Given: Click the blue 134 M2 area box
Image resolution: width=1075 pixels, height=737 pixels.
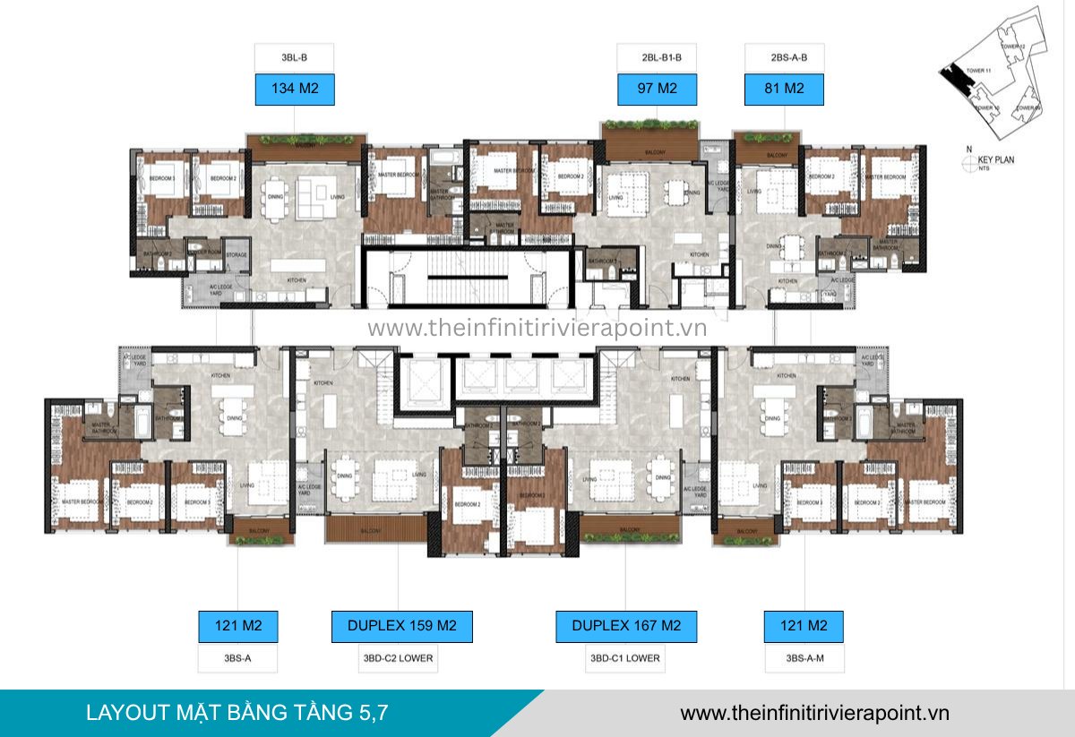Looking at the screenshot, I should click(x=295, y=90).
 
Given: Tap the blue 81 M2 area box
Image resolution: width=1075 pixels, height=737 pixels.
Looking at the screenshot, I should click(x=785, y=90).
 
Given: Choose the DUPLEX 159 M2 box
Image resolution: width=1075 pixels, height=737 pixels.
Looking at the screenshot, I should click(x=402, y=626).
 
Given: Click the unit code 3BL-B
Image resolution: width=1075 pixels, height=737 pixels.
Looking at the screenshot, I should click(x=295, y=58).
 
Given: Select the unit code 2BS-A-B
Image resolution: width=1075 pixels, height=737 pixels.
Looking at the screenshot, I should click(x=785, y=58).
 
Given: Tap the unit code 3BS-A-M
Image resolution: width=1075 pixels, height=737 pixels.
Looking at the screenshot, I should click(x=803, y=658).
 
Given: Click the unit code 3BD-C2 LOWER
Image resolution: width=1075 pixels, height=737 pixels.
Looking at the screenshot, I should click(x=402, y=658).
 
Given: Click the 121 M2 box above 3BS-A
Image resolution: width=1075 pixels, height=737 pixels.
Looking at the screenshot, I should click(x=237, y=626).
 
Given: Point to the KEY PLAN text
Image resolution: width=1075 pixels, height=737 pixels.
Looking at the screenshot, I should click(x=996, y=160).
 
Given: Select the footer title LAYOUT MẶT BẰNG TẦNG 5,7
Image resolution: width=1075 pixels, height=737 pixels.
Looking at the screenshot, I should click(x=237, y=713).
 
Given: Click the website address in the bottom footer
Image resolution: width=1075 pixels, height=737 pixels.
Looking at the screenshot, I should click(x=814, y=713).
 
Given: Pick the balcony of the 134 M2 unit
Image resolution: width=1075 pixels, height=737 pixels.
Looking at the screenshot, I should click(x=306, y=143).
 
